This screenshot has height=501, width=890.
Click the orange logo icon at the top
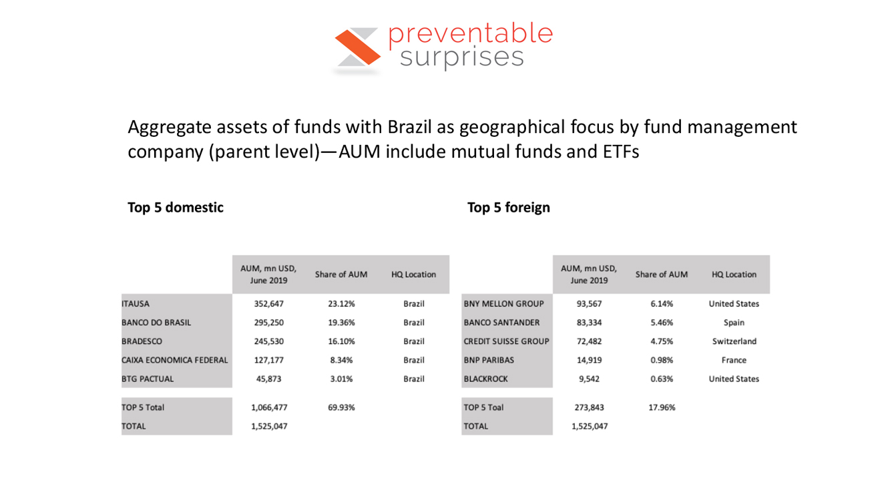[358, 47]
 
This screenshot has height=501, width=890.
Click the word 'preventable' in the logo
[471, 35]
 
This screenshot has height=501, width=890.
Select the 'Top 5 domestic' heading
[175, 208]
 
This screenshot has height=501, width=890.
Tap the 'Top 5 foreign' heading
[509, 208]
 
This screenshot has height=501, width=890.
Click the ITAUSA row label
[136, 304]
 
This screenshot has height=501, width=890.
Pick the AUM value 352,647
[268, 304]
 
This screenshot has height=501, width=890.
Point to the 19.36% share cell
[341, 323]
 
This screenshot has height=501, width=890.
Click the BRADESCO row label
[142, 341]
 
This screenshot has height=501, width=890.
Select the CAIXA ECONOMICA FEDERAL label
[175, 360]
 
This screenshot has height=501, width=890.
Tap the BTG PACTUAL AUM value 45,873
[268, 379]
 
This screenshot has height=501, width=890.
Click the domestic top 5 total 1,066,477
[269, 407]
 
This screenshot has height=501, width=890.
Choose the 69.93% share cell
[341, 407]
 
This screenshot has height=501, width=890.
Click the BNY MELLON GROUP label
[504, 304]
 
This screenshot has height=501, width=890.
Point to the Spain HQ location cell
[734, 323]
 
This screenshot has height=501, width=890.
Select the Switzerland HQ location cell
[734, 341]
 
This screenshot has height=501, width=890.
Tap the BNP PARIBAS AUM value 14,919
[590, 360]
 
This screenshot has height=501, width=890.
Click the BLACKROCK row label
[485, 379]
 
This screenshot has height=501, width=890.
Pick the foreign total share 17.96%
[662, 407]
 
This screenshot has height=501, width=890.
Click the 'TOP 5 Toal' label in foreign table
[483, 407]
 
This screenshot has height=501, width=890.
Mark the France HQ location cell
[734, 360]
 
